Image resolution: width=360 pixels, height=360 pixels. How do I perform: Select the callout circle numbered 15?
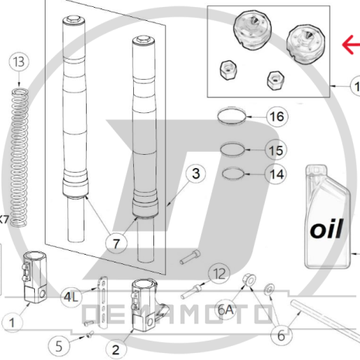[276, 149]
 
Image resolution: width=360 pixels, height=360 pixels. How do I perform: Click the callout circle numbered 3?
[197, 173]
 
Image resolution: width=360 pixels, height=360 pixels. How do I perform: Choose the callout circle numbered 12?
[219, 273]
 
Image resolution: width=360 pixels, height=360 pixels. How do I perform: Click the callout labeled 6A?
[225, 310]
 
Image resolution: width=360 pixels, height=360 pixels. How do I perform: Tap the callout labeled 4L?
[72, 297]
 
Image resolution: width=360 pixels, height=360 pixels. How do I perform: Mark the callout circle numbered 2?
[117, 347]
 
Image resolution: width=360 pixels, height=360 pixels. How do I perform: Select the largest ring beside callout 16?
[234, 118]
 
